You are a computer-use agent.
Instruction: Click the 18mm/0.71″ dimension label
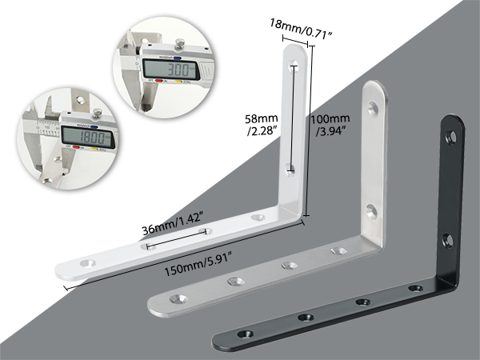point(301,28)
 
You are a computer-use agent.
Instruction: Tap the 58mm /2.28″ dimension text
point(262,124)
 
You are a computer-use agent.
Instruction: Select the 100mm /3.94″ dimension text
point(330,124)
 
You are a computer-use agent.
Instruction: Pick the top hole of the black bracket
point(451,136)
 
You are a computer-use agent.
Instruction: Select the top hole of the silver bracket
point(373,109)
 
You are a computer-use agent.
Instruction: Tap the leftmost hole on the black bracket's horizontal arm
point(246,334)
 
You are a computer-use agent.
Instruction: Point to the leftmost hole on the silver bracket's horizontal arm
point(178,298)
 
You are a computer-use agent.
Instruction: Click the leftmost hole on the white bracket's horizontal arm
point(87,263)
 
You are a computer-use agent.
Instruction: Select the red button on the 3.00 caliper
point(159,81)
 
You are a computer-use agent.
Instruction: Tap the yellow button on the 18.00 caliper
point(94,149)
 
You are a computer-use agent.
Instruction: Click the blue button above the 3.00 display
point(178,58)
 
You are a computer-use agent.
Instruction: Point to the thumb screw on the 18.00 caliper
point(98,112)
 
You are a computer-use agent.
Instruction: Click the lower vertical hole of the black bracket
point(449,241)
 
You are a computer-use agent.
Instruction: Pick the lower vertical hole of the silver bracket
point(372,211)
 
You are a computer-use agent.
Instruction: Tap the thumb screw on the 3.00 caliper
point(179,43)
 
